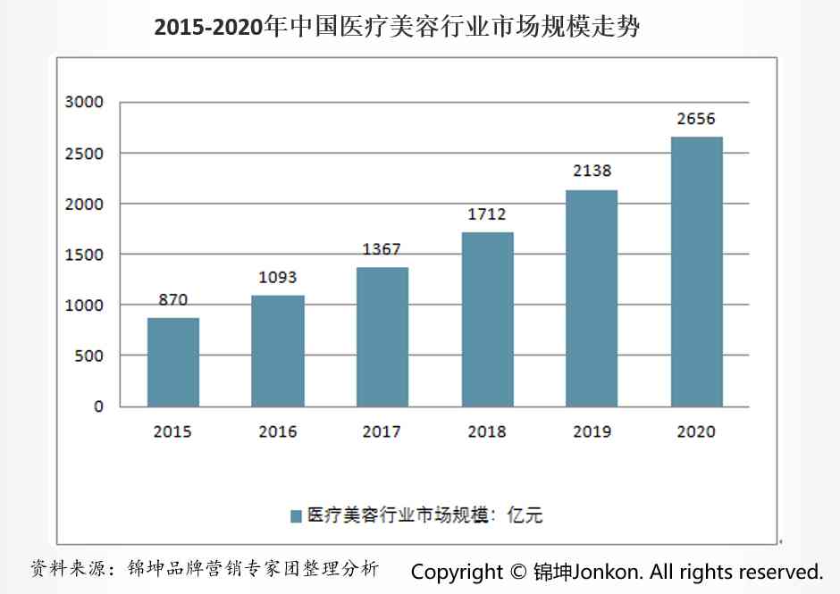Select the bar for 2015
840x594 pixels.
(173, 362)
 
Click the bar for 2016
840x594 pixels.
(278, 351)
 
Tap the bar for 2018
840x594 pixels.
(487, 319)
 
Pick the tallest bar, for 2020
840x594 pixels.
(696, 272)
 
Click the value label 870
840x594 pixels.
(173, 300)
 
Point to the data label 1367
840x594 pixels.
(382, 249)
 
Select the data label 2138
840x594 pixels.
(592, 171)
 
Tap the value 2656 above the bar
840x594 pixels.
(696, 119)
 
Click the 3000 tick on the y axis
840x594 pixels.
(85, 103)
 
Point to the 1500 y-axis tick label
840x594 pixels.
(85, 255)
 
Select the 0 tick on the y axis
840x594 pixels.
(98, 406)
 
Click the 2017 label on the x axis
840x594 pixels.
(382, 432)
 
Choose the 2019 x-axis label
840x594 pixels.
(592, 432)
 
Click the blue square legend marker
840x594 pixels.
(296, 515)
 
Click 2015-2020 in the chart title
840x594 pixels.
(210, 27)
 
